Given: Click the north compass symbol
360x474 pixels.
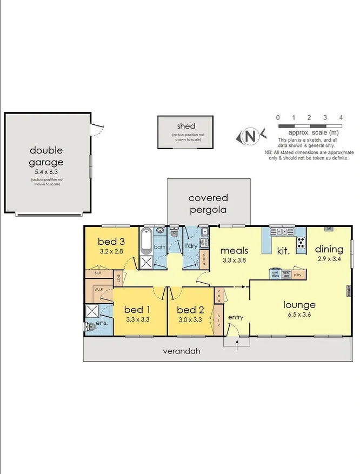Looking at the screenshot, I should pos(250,136).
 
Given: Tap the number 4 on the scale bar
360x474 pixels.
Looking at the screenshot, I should pos(341,117).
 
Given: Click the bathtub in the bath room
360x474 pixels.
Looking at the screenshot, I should pos(146,241).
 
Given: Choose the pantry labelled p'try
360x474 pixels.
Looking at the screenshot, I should pos(296,274).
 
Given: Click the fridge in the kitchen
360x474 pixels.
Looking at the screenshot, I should pos(328,229).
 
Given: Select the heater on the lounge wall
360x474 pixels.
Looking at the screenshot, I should pos(349,291).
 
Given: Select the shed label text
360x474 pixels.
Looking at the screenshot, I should pos(186,126).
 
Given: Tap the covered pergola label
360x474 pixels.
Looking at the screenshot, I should pos(208,204).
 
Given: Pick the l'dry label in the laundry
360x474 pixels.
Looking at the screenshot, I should pos(191,246).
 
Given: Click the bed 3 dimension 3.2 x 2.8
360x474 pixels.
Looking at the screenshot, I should pos(111,251).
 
